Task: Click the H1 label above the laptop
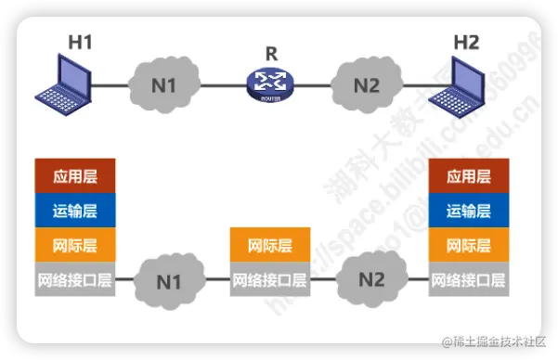[x=81, y=42]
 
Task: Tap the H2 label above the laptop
[x=466, y=42]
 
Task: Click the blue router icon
[x=269, y=84]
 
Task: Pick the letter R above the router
[x=269, y=52]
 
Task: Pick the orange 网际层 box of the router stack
[x=269, y=246]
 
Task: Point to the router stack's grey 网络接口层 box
[x=269, y=279]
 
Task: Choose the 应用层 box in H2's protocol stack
[x=467, y=176]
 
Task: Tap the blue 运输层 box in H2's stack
[x=467, y=211]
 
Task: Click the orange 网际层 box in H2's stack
[x=467, y=246]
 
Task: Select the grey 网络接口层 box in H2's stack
[x=467, y=279]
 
